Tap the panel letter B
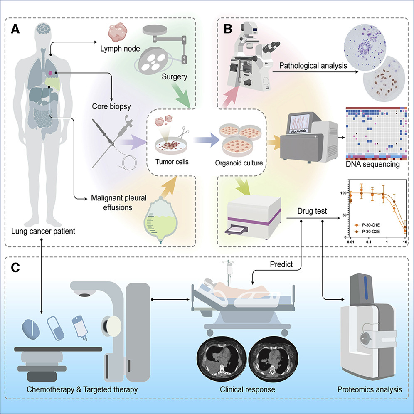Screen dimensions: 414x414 tap(228, 29)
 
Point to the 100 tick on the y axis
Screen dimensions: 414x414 tap(343, 193)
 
